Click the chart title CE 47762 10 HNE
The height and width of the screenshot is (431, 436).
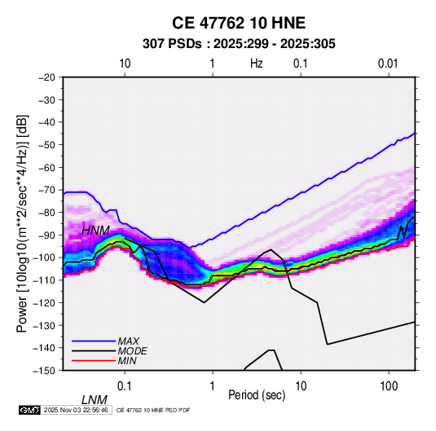239,23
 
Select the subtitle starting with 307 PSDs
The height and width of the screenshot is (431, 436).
239,44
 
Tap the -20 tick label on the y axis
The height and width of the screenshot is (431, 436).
46,77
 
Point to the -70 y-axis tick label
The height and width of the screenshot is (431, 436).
46,190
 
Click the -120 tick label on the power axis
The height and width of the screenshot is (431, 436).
44,302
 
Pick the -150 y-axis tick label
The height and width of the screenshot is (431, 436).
44,371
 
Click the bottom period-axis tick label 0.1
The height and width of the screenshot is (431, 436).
125,386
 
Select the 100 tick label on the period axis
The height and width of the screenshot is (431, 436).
389,386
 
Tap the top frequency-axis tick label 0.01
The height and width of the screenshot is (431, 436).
388,64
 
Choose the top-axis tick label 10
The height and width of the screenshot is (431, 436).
125,64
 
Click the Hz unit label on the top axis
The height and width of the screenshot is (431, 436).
257,64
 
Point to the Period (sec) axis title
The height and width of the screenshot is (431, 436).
257,395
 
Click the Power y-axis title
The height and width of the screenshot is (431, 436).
22,223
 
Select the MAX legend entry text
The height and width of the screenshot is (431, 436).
129,341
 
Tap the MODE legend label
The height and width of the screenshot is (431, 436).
132,351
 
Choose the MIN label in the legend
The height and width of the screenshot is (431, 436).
127,361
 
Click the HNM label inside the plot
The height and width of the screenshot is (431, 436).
95,231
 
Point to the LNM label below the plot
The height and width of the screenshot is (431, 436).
95,400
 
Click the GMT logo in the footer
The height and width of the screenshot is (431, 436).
29,410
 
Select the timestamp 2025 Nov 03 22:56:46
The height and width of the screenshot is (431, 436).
76,410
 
